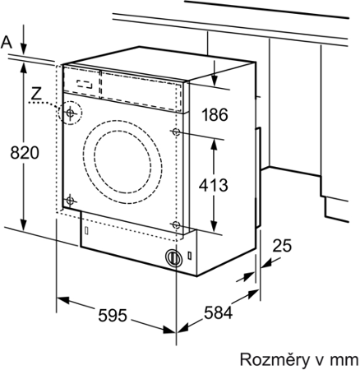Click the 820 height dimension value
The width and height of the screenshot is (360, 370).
point(25,153)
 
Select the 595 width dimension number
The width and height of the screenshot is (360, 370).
point(113,315)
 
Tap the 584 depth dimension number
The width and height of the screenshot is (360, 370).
point(218,312)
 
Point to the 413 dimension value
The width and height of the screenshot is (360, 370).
point(213,185)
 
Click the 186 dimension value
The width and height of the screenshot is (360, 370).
point(215,114)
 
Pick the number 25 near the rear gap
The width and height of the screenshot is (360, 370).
point(282,246)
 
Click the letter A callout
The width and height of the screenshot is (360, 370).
point(7,43)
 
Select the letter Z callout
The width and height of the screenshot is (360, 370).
point(36,93)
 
